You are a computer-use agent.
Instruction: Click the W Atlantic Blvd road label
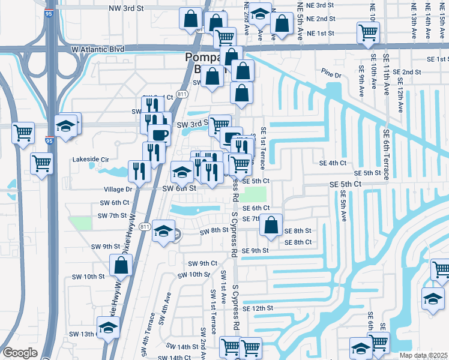pos(97,49)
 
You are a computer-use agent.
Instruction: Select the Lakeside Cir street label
pos(92,160)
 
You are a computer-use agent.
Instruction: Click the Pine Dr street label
pos(331,75)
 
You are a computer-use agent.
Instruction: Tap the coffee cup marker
pos(158,134)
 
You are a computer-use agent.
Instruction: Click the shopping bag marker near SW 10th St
pos(121,265)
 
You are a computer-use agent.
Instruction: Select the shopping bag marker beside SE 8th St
pos(272,226)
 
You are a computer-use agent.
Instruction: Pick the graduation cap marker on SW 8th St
pos(163,232)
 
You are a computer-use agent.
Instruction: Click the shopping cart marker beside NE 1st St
pos(367,32)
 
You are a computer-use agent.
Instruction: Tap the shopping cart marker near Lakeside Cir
pos(41,163)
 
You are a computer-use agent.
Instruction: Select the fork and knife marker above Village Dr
pos(139,171)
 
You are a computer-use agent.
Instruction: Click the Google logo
pos(20,353)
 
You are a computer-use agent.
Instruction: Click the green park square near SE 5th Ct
pos(255,194)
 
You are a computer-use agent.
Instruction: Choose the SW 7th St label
pos(112,215)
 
